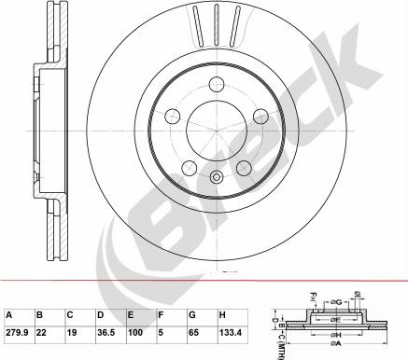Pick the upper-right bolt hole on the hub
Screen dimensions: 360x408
(x=259, y=118)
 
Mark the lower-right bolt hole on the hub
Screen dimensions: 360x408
(x=242, y=168)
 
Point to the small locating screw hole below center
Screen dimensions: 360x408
(x=216, y=178)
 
